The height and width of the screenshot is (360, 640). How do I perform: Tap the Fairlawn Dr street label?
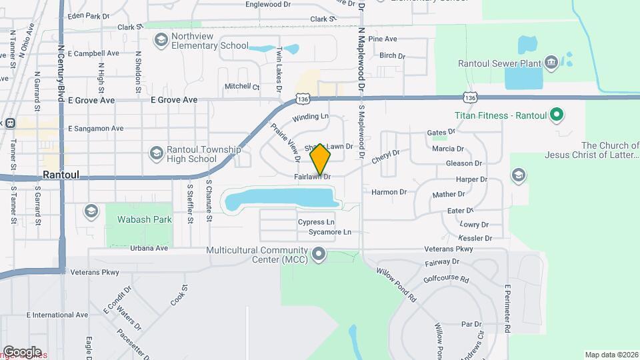[312, 177]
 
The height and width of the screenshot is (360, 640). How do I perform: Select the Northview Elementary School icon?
[161, 41]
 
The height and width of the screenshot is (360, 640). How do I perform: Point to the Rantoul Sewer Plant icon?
[551, 63]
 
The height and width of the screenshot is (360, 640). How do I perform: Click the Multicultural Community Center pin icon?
[319, 254]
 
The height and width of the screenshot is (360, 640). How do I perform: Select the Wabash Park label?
[135, 219]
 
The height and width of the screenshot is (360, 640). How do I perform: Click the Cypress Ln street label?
[316, 222]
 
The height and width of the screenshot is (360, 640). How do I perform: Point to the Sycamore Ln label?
[329, 233]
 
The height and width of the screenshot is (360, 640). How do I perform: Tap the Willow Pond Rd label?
[396, 284]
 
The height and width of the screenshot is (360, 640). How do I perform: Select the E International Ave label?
[57, 315]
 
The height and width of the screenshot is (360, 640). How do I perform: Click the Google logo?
[21, 351]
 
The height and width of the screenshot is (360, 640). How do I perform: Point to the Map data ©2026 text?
[611, 355]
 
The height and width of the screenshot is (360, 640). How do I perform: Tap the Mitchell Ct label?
[241, 87]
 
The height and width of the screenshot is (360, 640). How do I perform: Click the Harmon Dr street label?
[389, 192]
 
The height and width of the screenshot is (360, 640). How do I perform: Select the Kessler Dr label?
[475, 238]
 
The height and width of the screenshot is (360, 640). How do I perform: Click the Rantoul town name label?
[61, 174]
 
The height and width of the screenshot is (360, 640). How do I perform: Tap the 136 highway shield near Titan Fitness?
[470, 98]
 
